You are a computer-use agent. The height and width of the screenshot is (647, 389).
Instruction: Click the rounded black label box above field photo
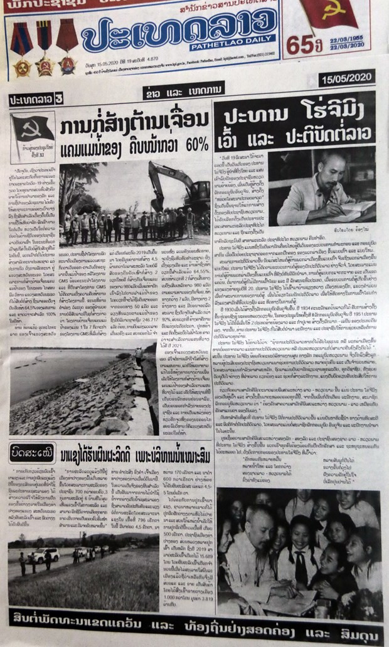tap(31, 450)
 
